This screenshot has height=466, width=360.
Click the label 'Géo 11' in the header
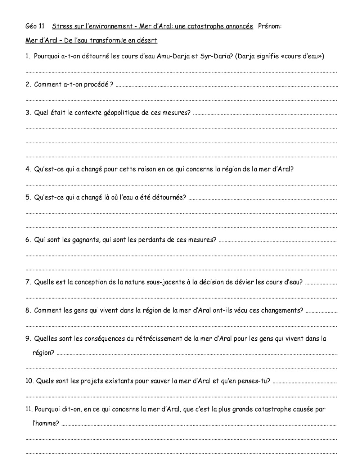(x=35, y=26)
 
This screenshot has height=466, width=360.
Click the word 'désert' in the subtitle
(x=147, y=40)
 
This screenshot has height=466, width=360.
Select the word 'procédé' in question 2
(x=96, y=85)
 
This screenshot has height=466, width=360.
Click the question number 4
(x=28, y=169)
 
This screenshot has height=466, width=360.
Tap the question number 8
(x=28, y=310)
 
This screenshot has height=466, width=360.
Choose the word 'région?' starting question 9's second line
(x=43, y=353)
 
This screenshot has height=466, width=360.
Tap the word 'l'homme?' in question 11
(x=46, y=424)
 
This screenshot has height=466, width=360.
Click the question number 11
(x=29, y=409)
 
